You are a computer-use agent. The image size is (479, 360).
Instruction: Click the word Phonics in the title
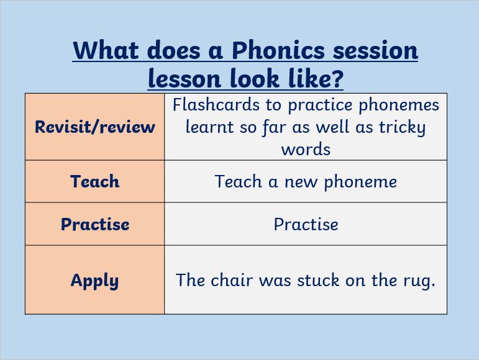point(278,51)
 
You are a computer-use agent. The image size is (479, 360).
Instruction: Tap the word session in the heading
point(375,51)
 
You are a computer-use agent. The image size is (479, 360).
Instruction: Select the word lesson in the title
point(185,78)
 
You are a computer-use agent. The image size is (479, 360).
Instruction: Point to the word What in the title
point(106,50)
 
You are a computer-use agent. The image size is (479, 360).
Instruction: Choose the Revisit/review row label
point(95,127)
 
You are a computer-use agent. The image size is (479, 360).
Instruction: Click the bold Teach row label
point(94,181)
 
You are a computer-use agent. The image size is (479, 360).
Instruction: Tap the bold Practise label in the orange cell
point(95,224)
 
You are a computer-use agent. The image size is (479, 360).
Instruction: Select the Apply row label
point(94,281)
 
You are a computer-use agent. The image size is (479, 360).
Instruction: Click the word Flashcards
point(216,105)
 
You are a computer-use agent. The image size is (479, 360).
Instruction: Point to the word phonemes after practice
point(399,106)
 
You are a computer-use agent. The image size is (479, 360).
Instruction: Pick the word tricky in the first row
point(403,127)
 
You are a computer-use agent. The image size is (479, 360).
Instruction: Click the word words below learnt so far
point(306,150)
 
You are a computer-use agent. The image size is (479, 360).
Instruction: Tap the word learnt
point(210,127)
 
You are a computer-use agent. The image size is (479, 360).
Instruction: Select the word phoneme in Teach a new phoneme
point(360,182)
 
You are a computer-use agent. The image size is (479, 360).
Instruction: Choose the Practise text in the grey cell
point(306,225)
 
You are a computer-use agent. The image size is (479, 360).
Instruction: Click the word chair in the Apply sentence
point(232,280)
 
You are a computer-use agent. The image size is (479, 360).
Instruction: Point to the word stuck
point(318,280)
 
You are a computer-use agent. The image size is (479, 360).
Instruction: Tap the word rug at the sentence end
point(416,282)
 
